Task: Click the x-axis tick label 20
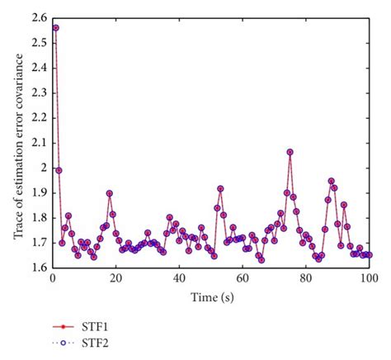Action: point(115,279)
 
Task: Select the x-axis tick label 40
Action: point(179,279)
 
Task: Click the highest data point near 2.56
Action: point(55,27)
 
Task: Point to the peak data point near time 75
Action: point(290,152)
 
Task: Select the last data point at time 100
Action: point(369,255)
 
